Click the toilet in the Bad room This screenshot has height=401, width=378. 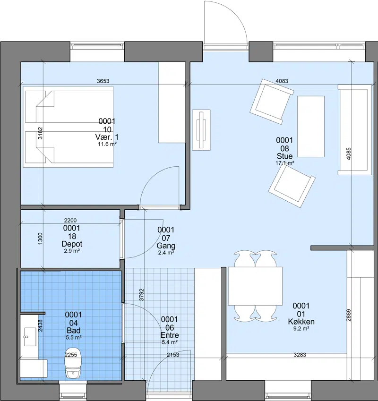[73, 362]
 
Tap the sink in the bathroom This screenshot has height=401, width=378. [30, 337]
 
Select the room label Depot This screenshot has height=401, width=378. [72, 244]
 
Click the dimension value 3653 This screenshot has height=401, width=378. [103, 81]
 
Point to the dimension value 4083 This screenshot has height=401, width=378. [282, 81]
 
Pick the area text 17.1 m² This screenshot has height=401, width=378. [284, 163]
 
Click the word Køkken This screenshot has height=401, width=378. [301, 322]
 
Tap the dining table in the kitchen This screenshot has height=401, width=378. [255, 286]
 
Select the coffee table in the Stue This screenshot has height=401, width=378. [311, 126]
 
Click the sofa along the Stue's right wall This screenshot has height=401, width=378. [354, 130]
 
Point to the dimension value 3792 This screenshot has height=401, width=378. [141, 295]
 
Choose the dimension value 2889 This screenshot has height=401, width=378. [349, 316]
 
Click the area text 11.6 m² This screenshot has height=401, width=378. [107, 144]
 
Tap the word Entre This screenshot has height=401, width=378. [170, 335]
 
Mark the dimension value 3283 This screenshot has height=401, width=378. [300, 355]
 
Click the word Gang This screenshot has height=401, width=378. [166, 246]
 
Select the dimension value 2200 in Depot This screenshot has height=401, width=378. [70, 220]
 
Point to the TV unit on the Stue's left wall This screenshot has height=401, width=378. [201, 130]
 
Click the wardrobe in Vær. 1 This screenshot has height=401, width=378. [172, 102]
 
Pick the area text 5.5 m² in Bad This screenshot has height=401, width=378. [74, 337]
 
